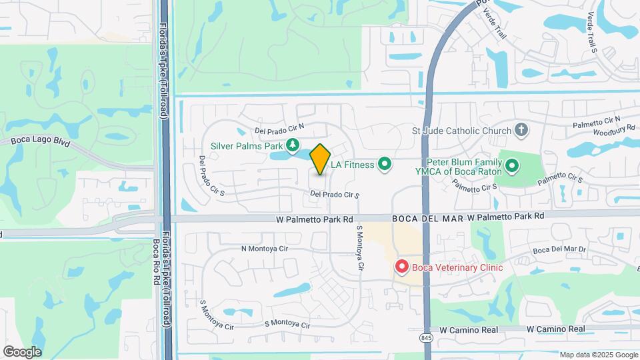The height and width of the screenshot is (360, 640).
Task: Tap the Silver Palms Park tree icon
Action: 292,145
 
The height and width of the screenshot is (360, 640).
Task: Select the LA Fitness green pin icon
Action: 384,163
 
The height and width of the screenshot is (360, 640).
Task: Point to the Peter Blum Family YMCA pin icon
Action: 512,165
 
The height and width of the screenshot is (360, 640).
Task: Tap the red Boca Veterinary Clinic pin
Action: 401,267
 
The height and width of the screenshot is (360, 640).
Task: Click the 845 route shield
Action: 426,338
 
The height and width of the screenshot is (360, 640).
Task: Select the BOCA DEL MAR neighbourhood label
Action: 427,217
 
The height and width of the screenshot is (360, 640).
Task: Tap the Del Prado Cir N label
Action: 279,127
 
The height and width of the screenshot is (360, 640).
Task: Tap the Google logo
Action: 22,352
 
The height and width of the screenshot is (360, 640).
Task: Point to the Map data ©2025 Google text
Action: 597,355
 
